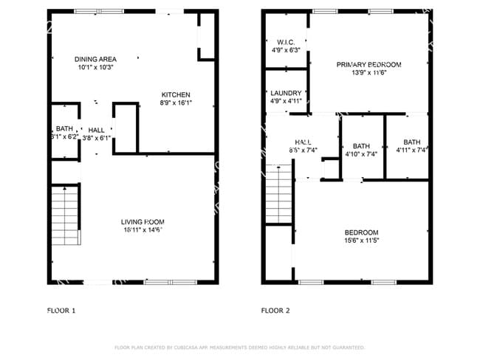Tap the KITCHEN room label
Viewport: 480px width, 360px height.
[x=176, y=94]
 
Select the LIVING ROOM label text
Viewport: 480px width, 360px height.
[x=143, y=221]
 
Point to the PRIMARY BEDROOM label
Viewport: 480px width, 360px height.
[x=368, y=64]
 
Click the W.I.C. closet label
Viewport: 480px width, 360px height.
[x=286, y=42]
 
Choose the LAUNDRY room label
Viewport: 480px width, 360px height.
[x=286, y=93]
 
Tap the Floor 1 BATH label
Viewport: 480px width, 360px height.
[x=64, y=129]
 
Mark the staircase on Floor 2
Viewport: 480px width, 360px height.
[x=280, y=195]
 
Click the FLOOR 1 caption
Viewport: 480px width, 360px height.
[x=61, y=311]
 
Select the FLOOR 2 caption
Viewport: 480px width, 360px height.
[x=275, y=311]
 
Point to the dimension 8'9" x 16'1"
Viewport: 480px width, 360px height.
[x=176, y=103]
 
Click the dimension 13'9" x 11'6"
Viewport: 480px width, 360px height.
[x=368, y=73]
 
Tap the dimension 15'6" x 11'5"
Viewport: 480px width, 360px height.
[x=361, y=240]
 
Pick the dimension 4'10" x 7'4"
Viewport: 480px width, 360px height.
[x=361, y=154]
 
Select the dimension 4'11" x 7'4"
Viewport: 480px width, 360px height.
[x=411, y=150]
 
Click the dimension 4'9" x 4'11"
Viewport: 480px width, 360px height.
[x=286, y=101]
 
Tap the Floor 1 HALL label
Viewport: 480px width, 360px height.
[x=96, y=129]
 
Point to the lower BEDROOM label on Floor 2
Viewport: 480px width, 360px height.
[x=361, y=232]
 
